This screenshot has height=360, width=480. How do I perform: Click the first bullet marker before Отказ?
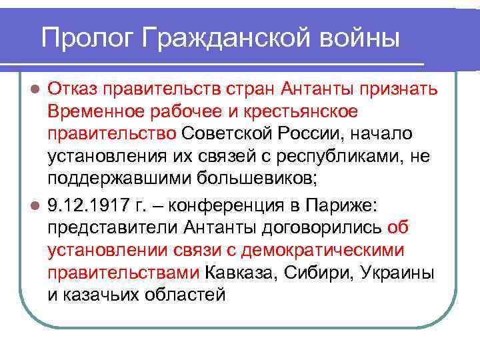pyautogui.click(x=38, y=89)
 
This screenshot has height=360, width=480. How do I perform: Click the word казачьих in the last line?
pyautogui.click(x=110, y=295)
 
